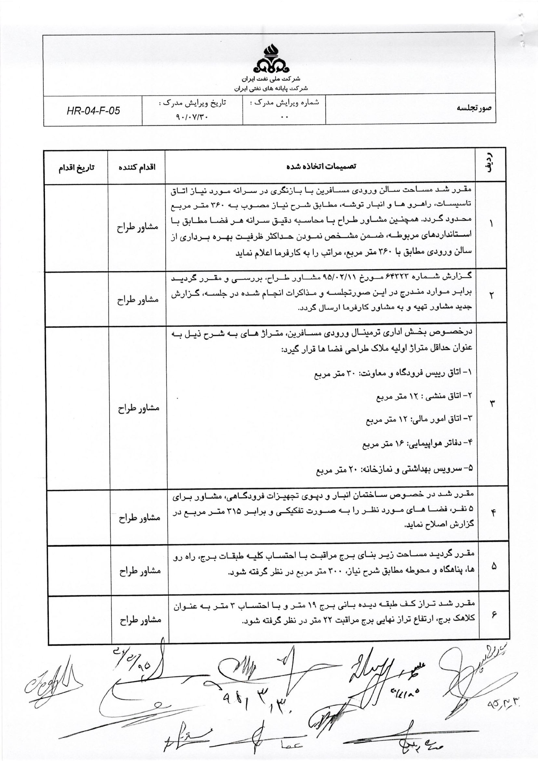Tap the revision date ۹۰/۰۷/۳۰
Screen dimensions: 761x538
(x=193, y=117)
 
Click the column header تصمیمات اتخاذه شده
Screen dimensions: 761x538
(x=320, y=167)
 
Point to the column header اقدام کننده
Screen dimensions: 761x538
(x=137, y=167)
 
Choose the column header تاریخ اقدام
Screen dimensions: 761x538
(x=76, y=167)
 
